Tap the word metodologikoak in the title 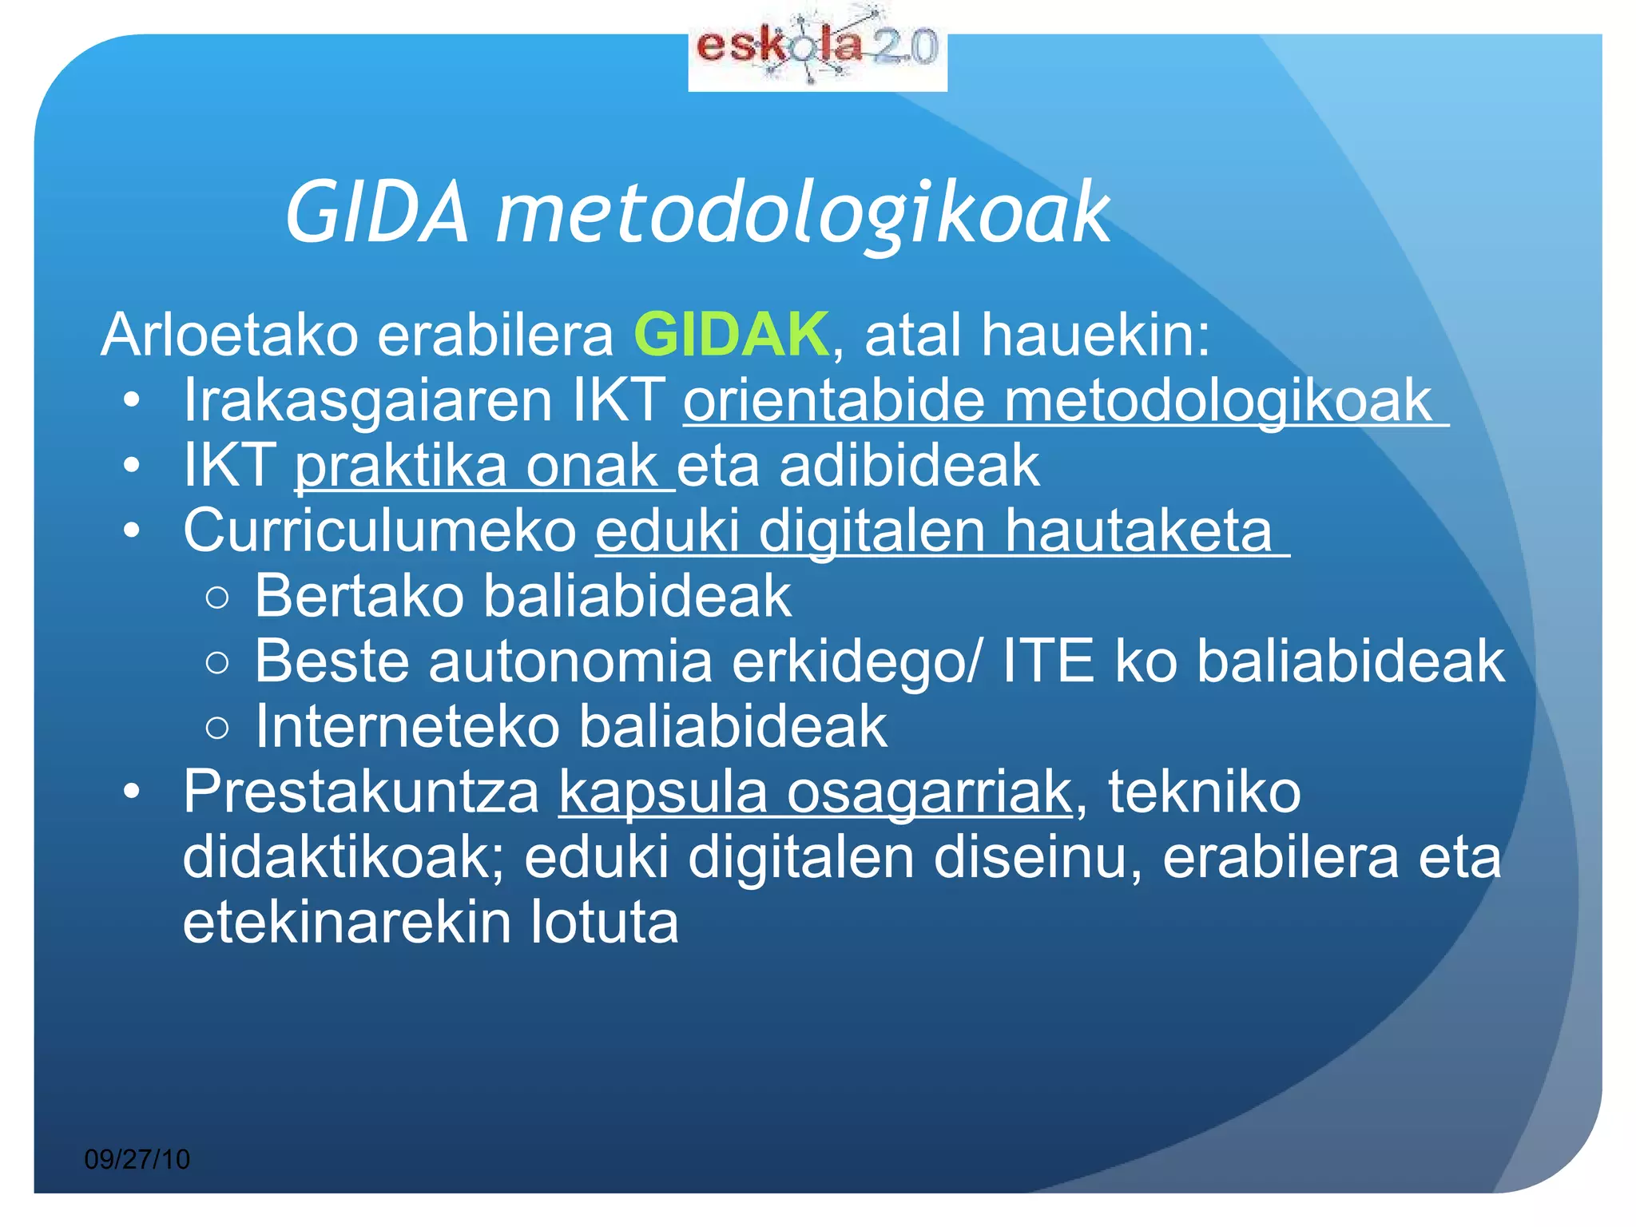coord(802,213)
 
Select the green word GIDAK coord(731,335)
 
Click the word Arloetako coord(230,335)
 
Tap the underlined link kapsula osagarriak coord(815,792)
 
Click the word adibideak coord(909,466)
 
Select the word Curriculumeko coord(380,531)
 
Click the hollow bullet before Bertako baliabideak coord(217,598)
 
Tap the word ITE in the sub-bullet coord(1047,661)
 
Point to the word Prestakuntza coord(362,792)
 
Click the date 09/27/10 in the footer coord(137,1159)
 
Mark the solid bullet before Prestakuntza coord(132,792)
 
